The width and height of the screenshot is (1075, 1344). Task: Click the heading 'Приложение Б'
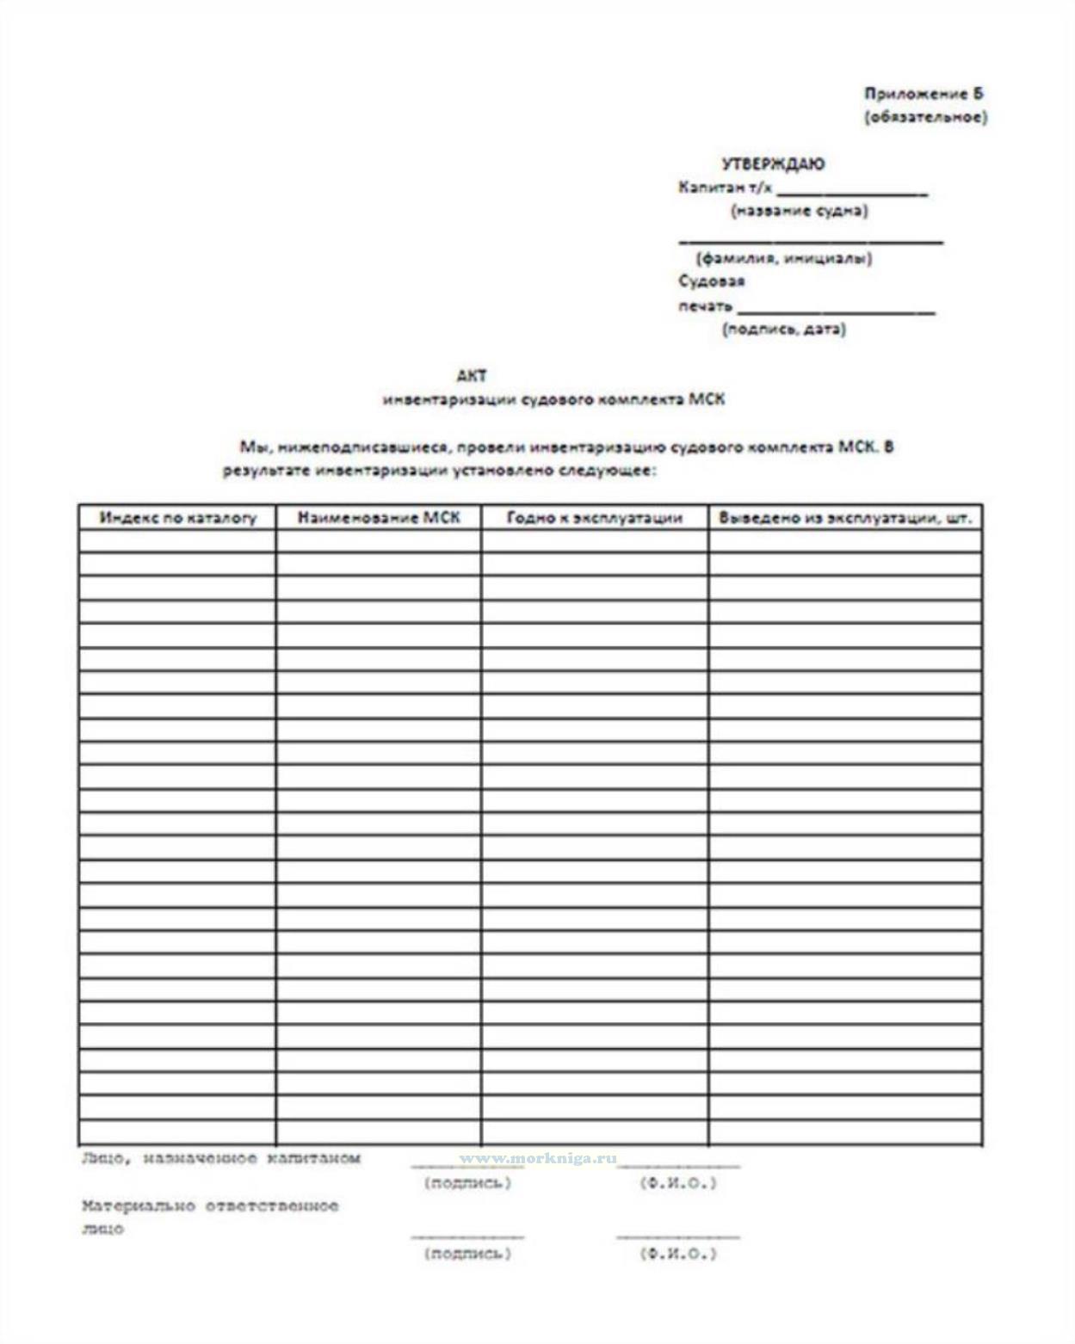pos(923,94)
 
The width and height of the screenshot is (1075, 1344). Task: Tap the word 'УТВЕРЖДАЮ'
pos(772,163)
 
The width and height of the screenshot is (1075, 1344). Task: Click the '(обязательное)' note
pos(925,117)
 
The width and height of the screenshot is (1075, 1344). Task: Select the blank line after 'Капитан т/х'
pos(851,191)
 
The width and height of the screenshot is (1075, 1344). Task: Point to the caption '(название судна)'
pos(799,211)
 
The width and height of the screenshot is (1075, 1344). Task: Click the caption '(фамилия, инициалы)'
pos(783,258)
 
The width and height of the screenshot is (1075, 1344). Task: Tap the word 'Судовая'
pos(711,281)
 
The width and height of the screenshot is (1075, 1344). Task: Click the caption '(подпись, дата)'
pos(783,329)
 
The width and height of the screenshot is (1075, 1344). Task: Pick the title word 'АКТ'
pos(472,375)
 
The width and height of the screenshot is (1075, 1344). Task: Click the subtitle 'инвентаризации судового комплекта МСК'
pos(553,399)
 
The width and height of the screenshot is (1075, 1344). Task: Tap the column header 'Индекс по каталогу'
pos(177,518)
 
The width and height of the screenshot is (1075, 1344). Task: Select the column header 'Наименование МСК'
pos(379,518)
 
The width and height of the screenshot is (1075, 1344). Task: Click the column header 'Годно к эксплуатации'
pos(594,518)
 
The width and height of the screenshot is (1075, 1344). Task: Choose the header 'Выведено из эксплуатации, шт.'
pos(844,518)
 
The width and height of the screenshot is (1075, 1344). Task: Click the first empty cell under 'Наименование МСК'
pos(379,541)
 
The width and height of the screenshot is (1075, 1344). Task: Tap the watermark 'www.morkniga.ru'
pos(538,1158)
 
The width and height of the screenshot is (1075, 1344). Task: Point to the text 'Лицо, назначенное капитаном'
pos(220,1158)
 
